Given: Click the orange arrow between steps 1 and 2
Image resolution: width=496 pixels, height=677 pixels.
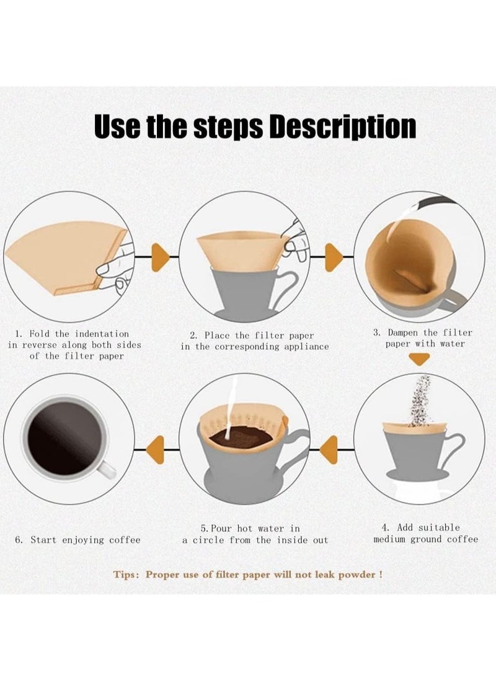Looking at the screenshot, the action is [x=159, y=258].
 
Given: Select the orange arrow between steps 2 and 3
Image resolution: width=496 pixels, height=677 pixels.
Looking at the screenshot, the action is [x=333, y=258].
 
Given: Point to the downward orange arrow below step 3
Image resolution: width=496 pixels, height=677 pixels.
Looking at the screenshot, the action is [x=420, y=359].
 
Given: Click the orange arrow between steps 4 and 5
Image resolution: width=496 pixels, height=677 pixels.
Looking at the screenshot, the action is [x=330, y=450].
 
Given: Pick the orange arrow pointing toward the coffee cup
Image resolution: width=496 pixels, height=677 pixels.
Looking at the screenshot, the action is [x=156, y=450].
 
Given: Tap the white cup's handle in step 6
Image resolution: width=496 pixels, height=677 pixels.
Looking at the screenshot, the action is [x=107, y=469].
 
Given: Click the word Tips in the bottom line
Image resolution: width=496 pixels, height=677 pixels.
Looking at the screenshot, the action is [x=126, y=575].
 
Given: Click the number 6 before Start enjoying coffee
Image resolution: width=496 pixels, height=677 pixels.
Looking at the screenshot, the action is [x=19, y=540].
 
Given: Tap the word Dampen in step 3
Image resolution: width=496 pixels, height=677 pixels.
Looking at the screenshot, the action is [x=403, y=333].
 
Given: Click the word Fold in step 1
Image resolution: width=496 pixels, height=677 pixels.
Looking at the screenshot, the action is [x=39, y=334].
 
